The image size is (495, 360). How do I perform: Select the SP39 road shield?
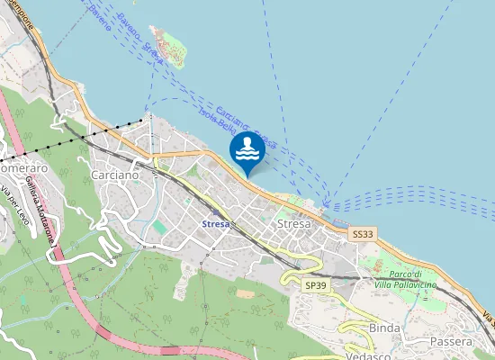click(314, 284)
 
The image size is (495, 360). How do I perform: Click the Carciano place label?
click(115, 175)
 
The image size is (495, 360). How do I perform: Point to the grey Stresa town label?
click(294, 223)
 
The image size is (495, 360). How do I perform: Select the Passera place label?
click(451, 341)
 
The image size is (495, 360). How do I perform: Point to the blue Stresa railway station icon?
click(232, 221)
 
